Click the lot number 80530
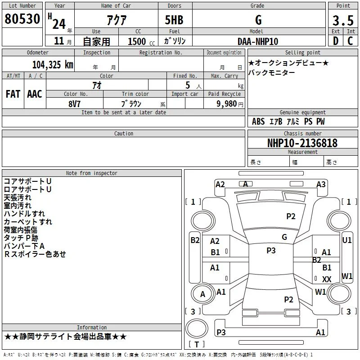pos(22,19)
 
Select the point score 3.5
pos(343,21)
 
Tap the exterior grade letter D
pos(336,41)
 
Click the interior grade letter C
pos(350,41)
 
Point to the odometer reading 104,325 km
pos(53,65)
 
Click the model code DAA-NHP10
pos(258,41)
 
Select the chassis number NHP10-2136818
pos(302,143)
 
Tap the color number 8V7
pos(74,104)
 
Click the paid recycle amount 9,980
pos(227,104)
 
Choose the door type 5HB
pos(174,20)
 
